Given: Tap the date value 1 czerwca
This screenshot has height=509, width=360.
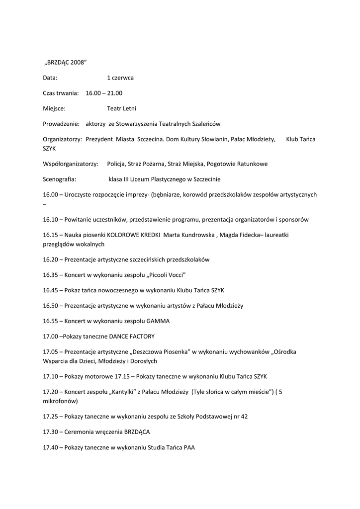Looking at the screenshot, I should [120, 78].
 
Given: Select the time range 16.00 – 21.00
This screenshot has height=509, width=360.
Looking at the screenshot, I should [104, 93].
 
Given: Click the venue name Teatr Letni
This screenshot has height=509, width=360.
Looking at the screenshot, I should [121, 108].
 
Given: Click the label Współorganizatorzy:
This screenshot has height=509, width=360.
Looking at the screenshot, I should [71, 164].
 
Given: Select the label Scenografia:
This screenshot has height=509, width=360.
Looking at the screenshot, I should [59, 179].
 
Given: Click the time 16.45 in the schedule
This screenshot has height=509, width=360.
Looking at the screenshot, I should [51, 290].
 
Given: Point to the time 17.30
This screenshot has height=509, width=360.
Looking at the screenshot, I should [51, 431].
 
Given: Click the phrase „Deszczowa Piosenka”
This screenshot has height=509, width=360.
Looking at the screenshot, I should [161, 351].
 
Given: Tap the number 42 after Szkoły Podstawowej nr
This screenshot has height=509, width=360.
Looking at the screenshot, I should [244, 416].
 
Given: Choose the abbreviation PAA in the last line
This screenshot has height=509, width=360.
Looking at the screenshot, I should [189, 447].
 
